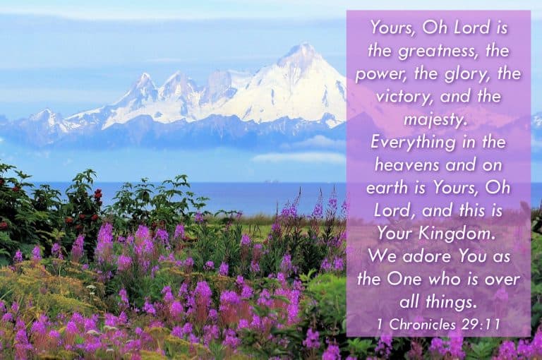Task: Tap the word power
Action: pyautogui.click(x=380, y=74)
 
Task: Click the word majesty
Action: pyautogui.click(x=438, y=119)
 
